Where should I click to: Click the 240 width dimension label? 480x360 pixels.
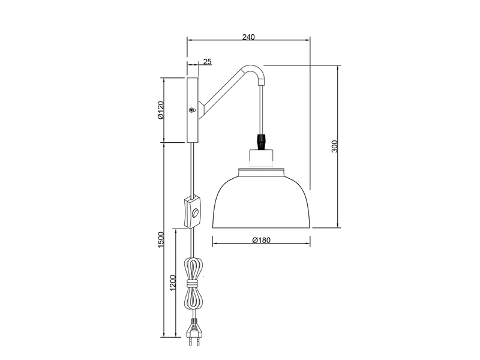point(248,37)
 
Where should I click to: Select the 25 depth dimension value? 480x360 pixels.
point(207,61)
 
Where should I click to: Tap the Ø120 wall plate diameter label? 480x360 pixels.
point(161,110)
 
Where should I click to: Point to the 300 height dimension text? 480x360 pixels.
point(335,146)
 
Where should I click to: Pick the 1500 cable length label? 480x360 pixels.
point(160,240)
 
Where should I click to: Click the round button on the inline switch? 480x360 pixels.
point(196,214)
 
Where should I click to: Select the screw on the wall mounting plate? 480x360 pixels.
point(192,110)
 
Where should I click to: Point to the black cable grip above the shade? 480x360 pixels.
point(261,142)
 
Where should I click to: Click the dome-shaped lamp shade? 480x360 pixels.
point(261,201)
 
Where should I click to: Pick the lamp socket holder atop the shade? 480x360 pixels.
point(261,159)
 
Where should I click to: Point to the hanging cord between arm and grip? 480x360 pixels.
point(262,108)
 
